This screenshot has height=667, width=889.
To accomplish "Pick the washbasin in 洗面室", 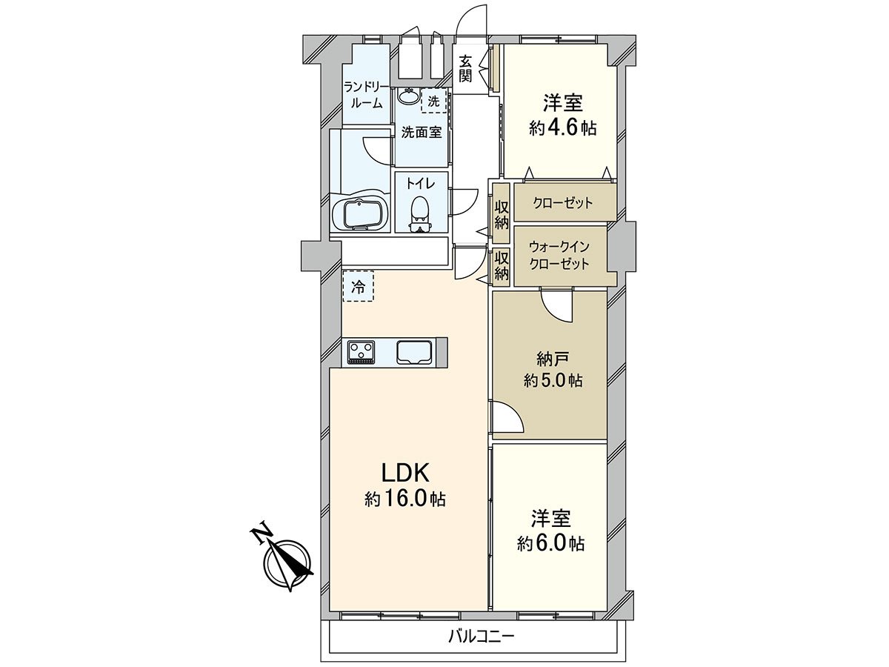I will pyautogui.click(x=407, y=96).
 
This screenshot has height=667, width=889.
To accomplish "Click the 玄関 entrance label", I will pyautogui.click(x=465, y=68).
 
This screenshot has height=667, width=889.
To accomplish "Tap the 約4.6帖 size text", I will pyautogui.click(x=562, y=127).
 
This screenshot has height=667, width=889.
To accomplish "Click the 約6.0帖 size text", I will pyautogui.click(x=550, y=543).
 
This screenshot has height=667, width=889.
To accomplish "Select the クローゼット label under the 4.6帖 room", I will pyautogui.click(x=563, y=202).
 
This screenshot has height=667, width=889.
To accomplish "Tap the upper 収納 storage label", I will pyautogui.click(x=502, y=213).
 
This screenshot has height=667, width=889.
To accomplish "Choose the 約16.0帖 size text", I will pyautogui.click(x=405, y=499).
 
